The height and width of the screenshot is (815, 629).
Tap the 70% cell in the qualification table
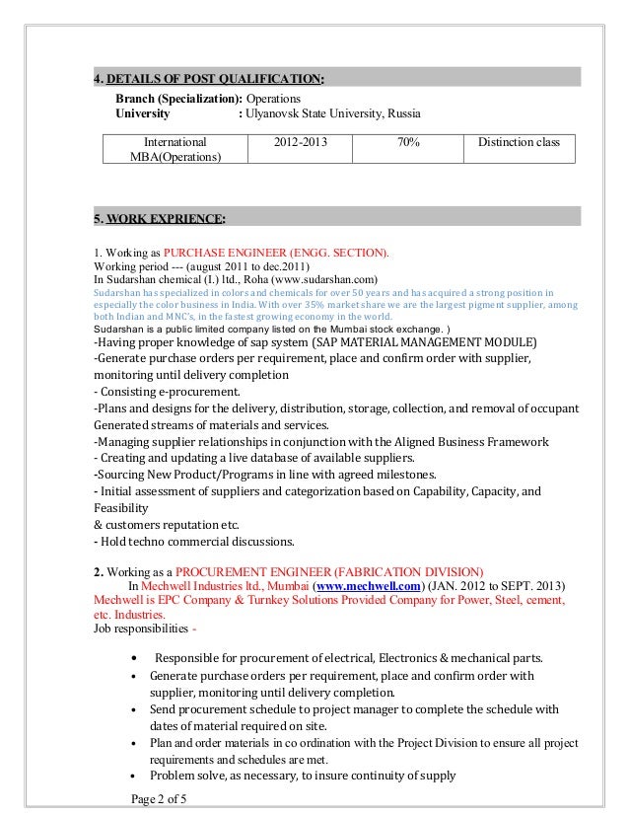(405, 143)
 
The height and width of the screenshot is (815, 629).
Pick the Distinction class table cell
(519, 143)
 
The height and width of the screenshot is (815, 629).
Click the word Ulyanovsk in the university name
(275, 115)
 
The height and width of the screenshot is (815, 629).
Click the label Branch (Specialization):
(178, 101)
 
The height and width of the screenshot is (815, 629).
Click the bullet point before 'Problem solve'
(134, 776)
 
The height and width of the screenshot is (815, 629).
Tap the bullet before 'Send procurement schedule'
(134, 709)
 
